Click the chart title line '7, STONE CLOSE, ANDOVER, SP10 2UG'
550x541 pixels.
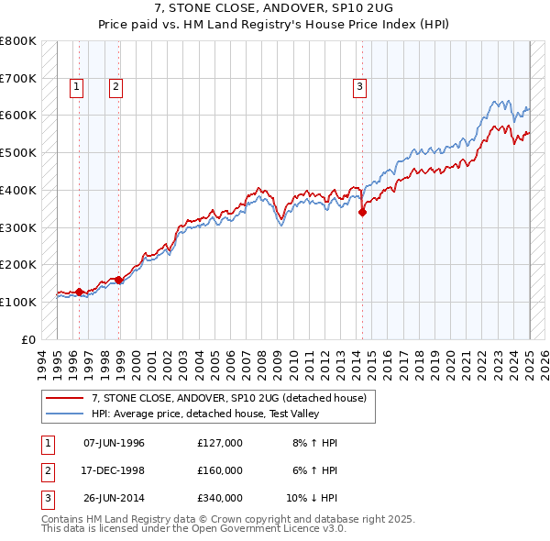(x=275, y=7)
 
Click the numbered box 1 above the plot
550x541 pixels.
(x=76, y=87)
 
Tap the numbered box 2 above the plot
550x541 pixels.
(x=116, y=87)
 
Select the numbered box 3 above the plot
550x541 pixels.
(x=360, y=87)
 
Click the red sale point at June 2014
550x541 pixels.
(x=362, y=212)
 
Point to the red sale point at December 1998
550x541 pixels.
(x=119, y=280)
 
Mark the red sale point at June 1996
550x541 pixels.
(x=79, y=292)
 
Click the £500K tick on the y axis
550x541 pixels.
(x=18, y=152)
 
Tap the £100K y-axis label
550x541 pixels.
(x=18, y=302)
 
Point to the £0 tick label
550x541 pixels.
(x=29, y=339)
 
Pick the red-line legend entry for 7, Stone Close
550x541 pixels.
(x=228, y=398)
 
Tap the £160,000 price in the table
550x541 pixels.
(x=220, y=470)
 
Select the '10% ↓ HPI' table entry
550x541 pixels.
(x=312, y=498)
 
